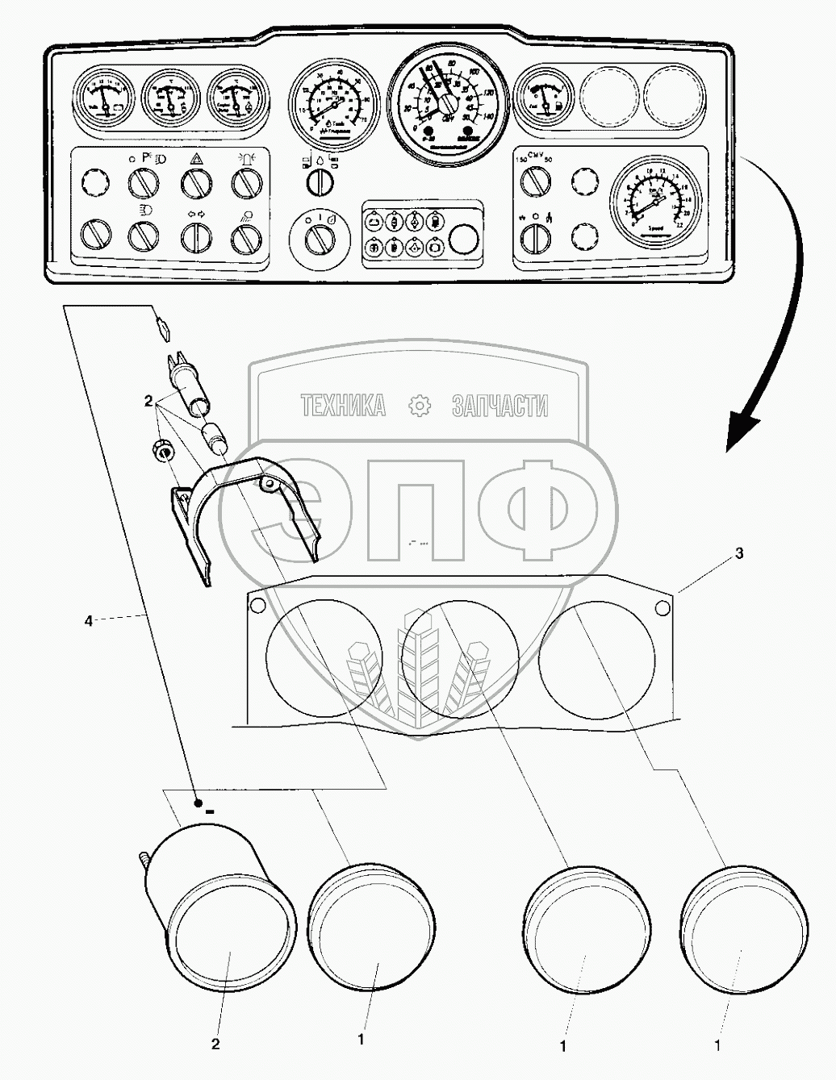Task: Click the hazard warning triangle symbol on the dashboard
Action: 195,159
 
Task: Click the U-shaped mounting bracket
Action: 246,508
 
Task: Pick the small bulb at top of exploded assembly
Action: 163,328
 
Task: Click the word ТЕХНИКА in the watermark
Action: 343,406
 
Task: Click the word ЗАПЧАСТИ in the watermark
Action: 500,406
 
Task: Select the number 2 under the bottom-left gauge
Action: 215,1045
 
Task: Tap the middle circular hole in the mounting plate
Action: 458,657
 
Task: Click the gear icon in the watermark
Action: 420,406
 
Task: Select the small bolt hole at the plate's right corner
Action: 663,607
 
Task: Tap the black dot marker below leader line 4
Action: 198,803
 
